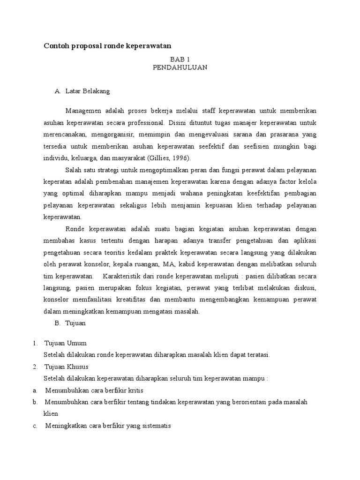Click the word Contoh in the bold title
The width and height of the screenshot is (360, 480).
(x=56, y=46)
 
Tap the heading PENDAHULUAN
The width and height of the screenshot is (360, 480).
(x=180, y=67)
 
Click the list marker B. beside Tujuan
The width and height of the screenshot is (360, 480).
(x=58, y=323)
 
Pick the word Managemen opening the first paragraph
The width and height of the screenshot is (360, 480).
(x=85, y=111)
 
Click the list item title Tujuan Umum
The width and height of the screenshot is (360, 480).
(x=65, y=343)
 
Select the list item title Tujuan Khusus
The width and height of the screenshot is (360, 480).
(x=66, y=367)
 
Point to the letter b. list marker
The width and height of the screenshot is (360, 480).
(x=35, y=402)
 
